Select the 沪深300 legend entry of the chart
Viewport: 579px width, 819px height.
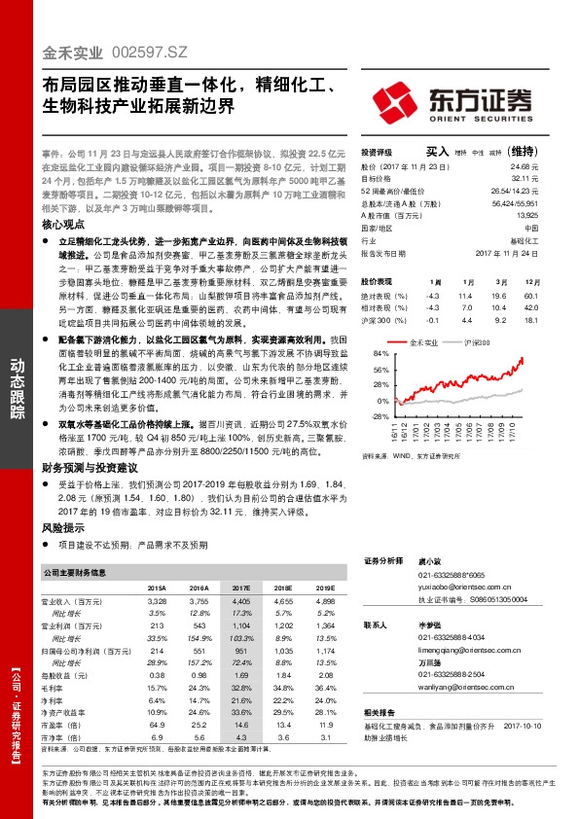(478, 342)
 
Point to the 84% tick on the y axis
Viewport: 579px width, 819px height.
(379, 354)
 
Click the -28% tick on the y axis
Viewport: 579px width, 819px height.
(379, 415)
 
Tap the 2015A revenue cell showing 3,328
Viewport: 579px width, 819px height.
(157, 602)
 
